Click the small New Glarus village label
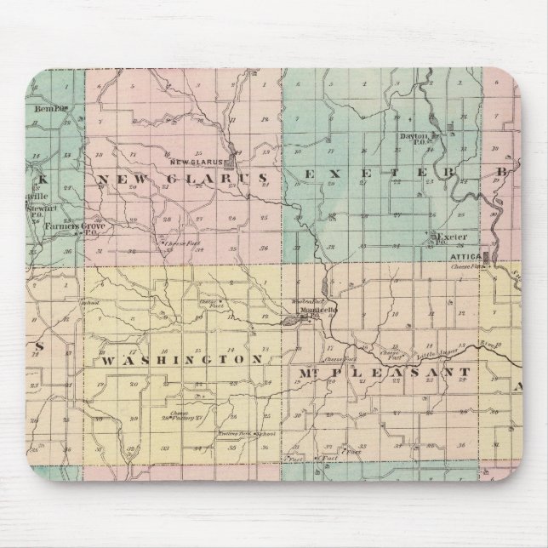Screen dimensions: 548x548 [195, 162]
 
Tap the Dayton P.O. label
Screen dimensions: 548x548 [412, 139]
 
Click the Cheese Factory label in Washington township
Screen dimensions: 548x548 [179, 416]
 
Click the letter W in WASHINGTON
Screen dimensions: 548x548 [108, 361]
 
